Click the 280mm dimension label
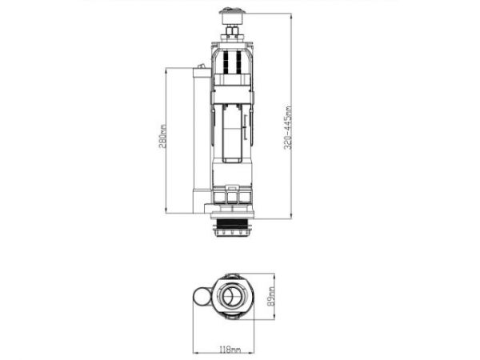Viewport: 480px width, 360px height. pos(162,136)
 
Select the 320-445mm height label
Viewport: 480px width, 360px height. pos(288,128)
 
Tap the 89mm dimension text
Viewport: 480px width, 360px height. pos(271,296)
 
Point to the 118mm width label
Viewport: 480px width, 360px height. pos(230,349)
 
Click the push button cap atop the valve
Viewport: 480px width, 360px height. pos(232,17)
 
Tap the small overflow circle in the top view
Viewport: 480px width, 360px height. pos(202,297)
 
